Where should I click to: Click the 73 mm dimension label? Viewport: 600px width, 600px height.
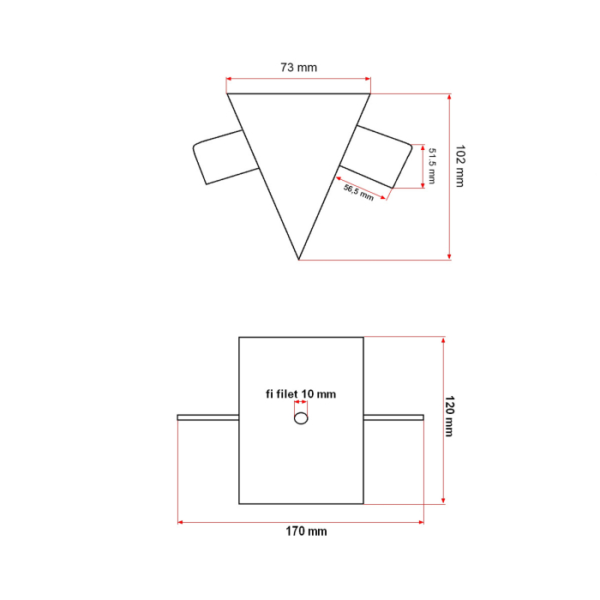coord(298,67)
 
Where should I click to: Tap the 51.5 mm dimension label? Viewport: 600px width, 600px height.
coord(432,165)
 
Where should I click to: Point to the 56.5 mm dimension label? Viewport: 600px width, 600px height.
coord(358,191)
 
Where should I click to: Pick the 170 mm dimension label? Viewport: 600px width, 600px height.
coord(306,531)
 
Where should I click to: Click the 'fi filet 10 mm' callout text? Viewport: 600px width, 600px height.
coord(300,394)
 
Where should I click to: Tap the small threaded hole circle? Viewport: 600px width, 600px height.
coord(301,418)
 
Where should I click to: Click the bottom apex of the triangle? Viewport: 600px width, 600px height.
coord(299,258)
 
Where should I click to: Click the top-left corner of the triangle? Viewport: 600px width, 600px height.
coord(228,94)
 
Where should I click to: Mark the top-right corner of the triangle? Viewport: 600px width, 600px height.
coord(370,94)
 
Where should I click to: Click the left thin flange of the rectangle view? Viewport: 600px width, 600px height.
coord(207,417)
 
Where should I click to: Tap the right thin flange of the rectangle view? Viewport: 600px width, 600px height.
coord(393,417)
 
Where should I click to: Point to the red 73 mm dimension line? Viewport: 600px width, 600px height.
coord(298,80)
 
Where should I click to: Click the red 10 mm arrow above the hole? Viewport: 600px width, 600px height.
coord(301,405)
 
